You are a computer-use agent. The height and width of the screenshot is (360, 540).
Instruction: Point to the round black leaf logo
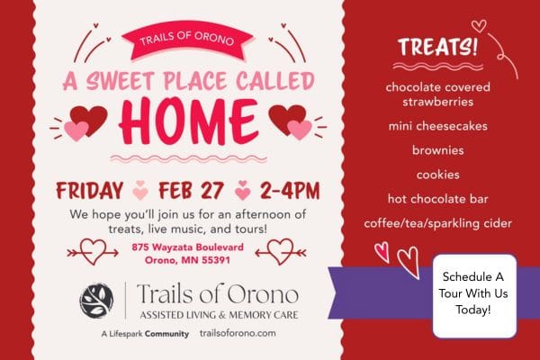point(94,299)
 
